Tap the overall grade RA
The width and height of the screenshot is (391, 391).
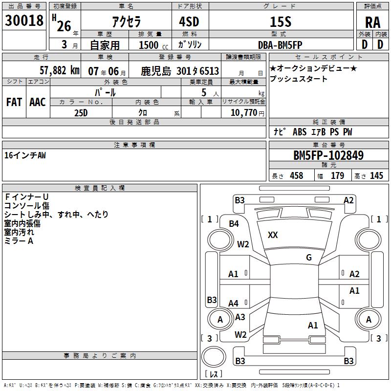pos(372,22)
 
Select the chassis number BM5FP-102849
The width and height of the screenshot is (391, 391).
pos(328,155)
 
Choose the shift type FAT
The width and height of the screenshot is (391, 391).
pos(14,102)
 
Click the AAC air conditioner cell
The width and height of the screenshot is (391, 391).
pos(37,102)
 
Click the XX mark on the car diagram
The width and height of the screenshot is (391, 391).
pos(273,235)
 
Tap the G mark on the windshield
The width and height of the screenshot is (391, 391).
pos(308,258)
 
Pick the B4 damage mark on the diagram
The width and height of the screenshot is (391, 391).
pos(234,224)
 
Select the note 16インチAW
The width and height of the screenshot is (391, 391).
pos(25,155)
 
